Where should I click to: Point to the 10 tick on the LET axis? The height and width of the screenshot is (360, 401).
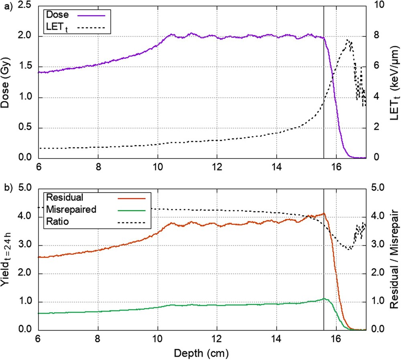tap(377, 6)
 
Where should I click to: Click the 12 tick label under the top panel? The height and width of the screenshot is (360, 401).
tap(217, 167)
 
